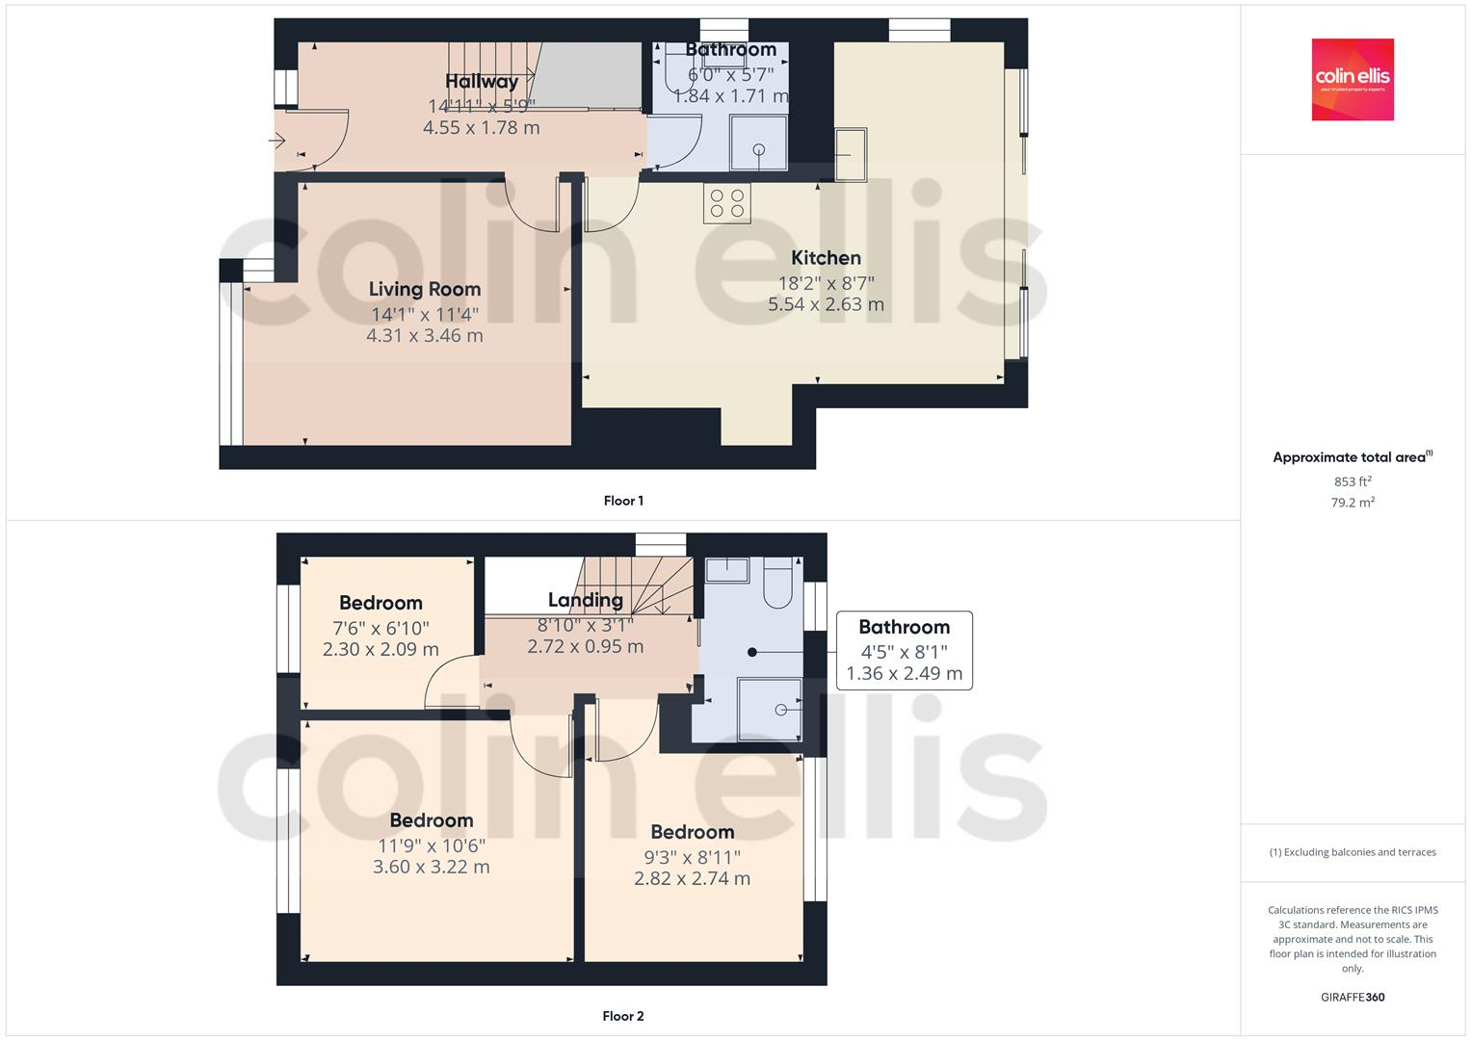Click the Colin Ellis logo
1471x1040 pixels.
click(x=1353, y=79)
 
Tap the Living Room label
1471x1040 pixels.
click(x=425, y=289)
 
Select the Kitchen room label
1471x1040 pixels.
click(x=826, y=257)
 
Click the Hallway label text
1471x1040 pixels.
click(x=482, y=82)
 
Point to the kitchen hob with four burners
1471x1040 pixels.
click(x=727, y=202)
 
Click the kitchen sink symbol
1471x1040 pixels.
click(x=850, y=154)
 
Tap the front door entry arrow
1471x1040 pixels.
click(x=277, y=142)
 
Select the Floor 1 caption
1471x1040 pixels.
click(x=623, y=501)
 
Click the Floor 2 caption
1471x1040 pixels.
click(x=623, y=1016)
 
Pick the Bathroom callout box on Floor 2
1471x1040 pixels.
click(x=904, y=650)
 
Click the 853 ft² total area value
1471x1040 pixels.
click(x=1353, y=481)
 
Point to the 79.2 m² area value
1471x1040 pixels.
click(x=1353, y=502)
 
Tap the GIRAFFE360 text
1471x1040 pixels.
click(x=1353, y=997)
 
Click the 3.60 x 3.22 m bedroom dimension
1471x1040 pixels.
click(x=431, y=867)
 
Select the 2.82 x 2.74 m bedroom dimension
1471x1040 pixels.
click(x=692, y=878)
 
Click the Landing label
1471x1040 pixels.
click(x=585, y=600)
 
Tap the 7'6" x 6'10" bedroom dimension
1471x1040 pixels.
click(x=381, y=628)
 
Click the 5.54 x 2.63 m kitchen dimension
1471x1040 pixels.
click(x=826, y=304)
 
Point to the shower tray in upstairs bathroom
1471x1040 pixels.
click(x=770, y=708)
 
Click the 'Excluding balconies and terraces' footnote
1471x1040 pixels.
click(x=1353, y=852)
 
